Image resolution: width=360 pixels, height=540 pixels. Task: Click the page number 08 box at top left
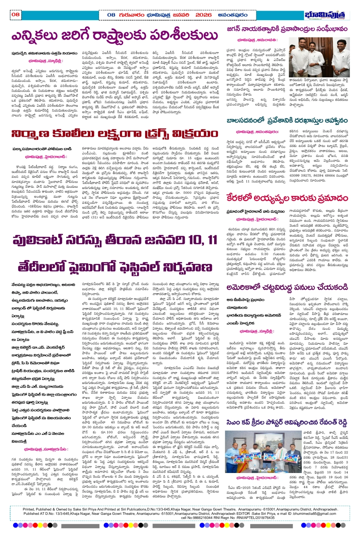click(x=15, y=14)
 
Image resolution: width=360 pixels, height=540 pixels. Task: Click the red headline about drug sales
click(x=114, y=134)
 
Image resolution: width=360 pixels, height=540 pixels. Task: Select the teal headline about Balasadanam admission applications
click(x=287, y=121)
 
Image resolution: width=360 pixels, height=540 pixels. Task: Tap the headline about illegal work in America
click(x=287, y=287)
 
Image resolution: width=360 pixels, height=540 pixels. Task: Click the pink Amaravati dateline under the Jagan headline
click(x=257, y=40)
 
